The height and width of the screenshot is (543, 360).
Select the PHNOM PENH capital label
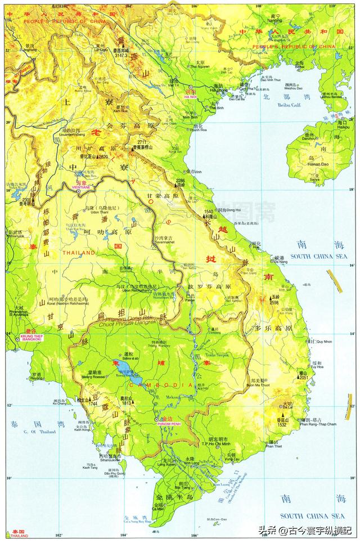click(x=167, y=423)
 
